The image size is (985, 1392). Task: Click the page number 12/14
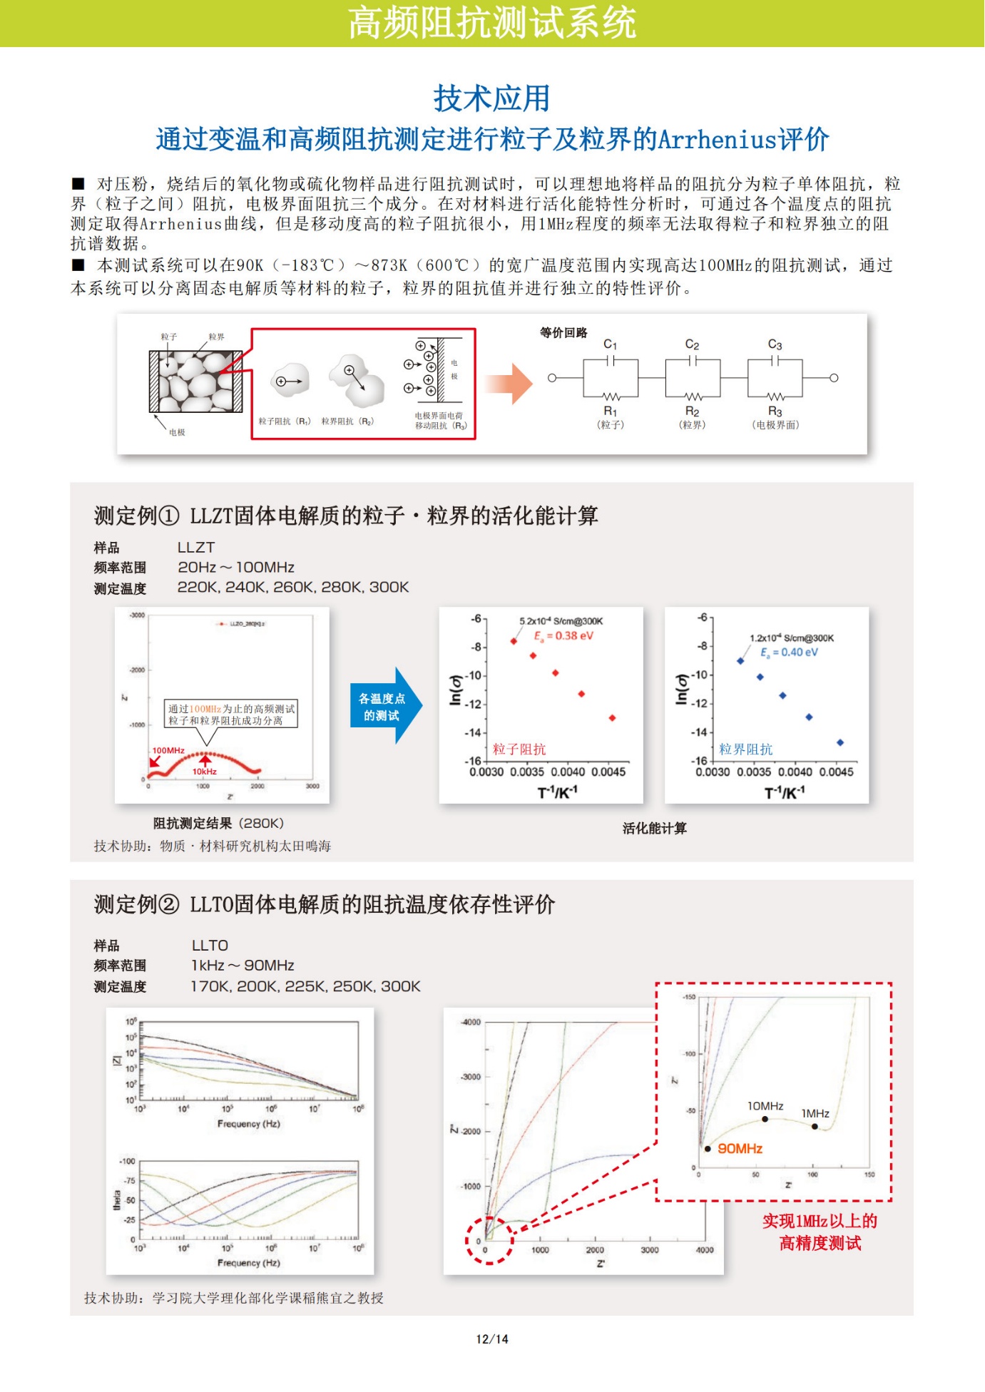coord(492,1339)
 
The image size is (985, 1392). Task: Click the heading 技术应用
coord(491,98)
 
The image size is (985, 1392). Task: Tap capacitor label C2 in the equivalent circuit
coord(692,344)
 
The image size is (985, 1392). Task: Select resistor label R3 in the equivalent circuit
coord(775,411)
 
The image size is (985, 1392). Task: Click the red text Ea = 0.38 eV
coord(563,636)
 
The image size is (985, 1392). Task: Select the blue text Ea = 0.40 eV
coord(789,652)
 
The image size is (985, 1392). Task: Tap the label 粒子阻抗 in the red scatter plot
coord(519,749)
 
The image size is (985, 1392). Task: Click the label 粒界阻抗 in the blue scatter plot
coord(745,749)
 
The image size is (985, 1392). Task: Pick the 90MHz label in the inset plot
coord(740,1148)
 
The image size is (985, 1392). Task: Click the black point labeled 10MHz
coord(765,1119)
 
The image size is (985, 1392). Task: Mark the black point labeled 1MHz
coord(815,1127)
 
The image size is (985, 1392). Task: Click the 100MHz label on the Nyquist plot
coord(168,750)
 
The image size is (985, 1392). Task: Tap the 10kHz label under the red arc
coord(205,772)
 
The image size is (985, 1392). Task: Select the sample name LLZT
coord(196,548)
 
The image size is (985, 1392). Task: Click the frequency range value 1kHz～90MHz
coord(243,966)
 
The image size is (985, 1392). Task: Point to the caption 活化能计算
coord(654,828)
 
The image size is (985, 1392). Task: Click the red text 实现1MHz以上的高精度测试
coord(820,1232)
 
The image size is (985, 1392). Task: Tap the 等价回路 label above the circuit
coord(563,332)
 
